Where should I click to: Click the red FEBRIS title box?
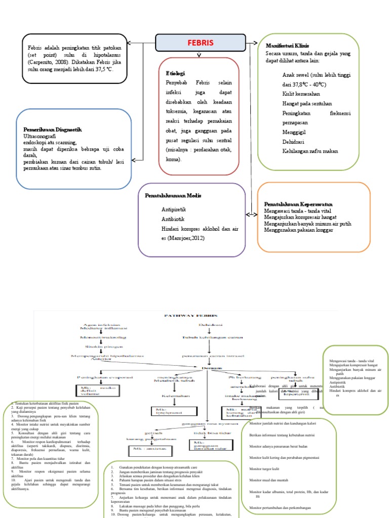pyautogui.click(x=201, y=42)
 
